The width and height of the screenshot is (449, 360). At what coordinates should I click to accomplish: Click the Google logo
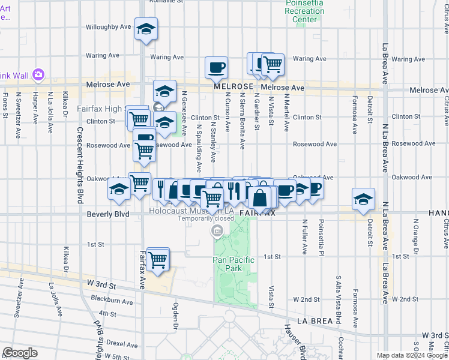(x=20, y=353)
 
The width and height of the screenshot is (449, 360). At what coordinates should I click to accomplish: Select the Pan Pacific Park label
(x=234, y=264)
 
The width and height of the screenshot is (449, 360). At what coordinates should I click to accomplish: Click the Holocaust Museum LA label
(x=191, y=211)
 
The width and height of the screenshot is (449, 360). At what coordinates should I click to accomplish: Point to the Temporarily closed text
(x=205, y=218)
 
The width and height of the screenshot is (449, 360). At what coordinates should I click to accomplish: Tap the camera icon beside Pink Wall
(x=38, y=74)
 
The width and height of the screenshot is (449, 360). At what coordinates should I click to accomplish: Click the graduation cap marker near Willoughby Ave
(x=145, y=29)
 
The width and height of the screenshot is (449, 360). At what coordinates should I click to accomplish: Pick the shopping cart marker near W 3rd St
(x=158, y=260)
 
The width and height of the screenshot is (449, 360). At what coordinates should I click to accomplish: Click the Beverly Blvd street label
(x=108, y=214)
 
